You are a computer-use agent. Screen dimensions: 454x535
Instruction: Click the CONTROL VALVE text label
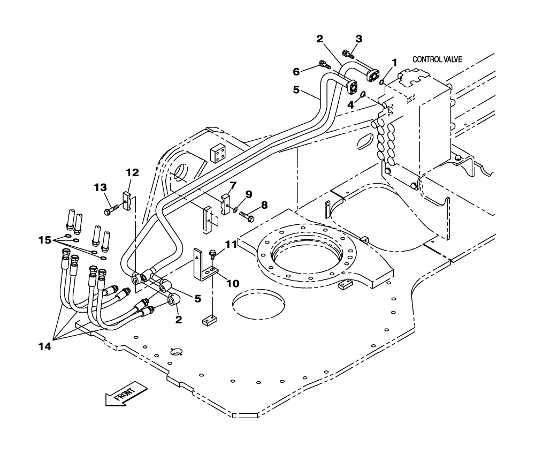(437, 59)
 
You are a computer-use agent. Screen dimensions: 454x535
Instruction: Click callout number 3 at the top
(359, 39)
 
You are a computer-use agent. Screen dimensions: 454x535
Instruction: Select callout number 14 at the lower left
(44, 346)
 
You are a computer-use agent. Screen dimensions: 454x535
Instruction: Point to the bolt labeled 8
(247, 216)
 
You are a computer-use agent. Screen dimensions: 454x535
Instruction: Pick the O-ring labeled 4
(362, 95)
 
